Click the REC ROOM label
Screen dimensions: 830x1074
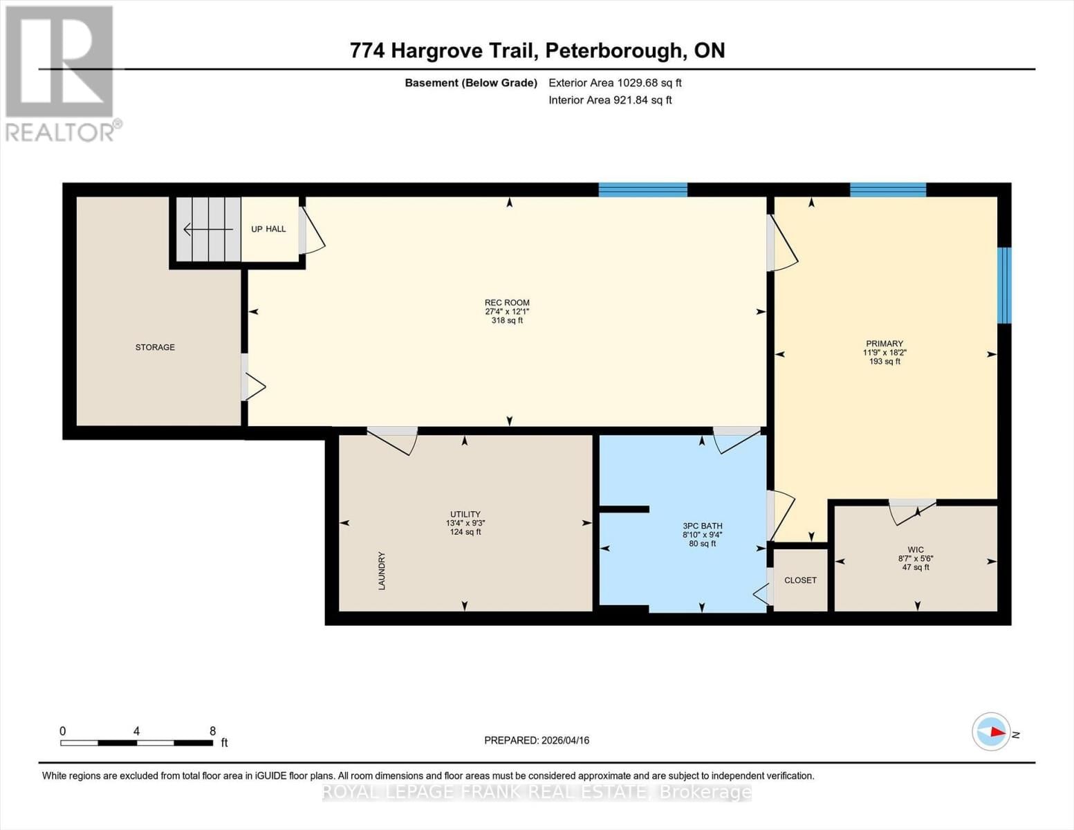tap(507, 303)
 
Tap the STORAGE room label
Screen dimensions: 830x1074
tap(155, 347)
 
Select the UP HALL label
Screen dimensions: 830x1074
tap(268, 229)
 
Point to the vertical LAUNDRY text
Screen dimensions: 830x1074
tap(381, 571)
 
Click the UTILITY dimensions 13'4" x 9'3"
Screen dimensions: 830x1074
tap(465, 524)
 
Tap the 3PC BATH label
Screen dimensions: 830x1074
tap(702, 526)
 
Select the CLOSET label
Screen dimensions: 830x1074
tap(800, 580)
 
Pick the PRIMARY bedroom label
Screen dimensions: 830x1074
tap(885, 344)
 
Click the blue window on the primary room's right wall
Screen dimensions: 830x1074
tap(1004, 285)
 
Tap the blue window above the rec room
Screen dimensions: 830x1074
tap(642, 190)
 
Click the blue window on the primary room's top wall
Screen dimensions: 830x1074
tap(887, 190)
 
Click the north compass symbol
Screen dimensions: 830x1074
tap(992, 731)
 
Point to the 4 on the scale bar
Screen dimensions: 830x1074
tap(137, 731)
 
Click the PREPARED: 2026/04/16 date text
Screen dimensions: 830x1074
tap(537, 740)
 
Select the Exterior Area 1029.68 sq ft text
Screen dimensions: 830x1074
tap(615, 82)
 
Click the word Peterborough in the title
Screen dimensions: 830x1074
tap(613, 50)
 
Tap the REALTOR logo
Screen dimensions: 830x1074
tap(61, 73)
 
